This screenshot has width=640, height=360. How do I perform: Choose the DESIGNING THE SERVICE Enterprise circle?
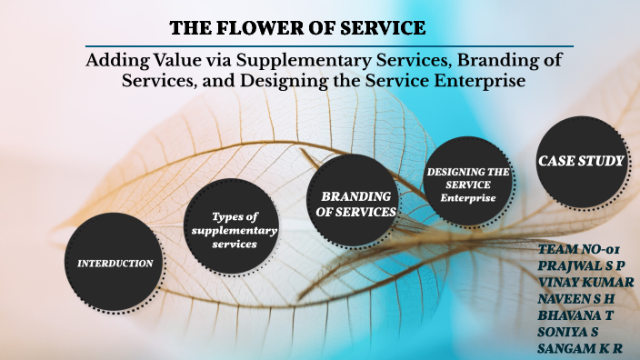(x=468, y=184)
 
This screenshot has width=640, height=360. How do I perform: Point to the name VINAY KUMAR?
(x=586, y=282)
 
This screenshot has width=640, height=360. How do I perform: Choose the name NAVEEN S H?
(x=579, y=298)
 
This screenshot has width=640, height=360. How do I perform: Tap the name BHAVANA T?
(x=575, y=315)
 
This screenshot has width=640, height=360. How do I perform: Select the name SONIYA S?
(x=570, y=331)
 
